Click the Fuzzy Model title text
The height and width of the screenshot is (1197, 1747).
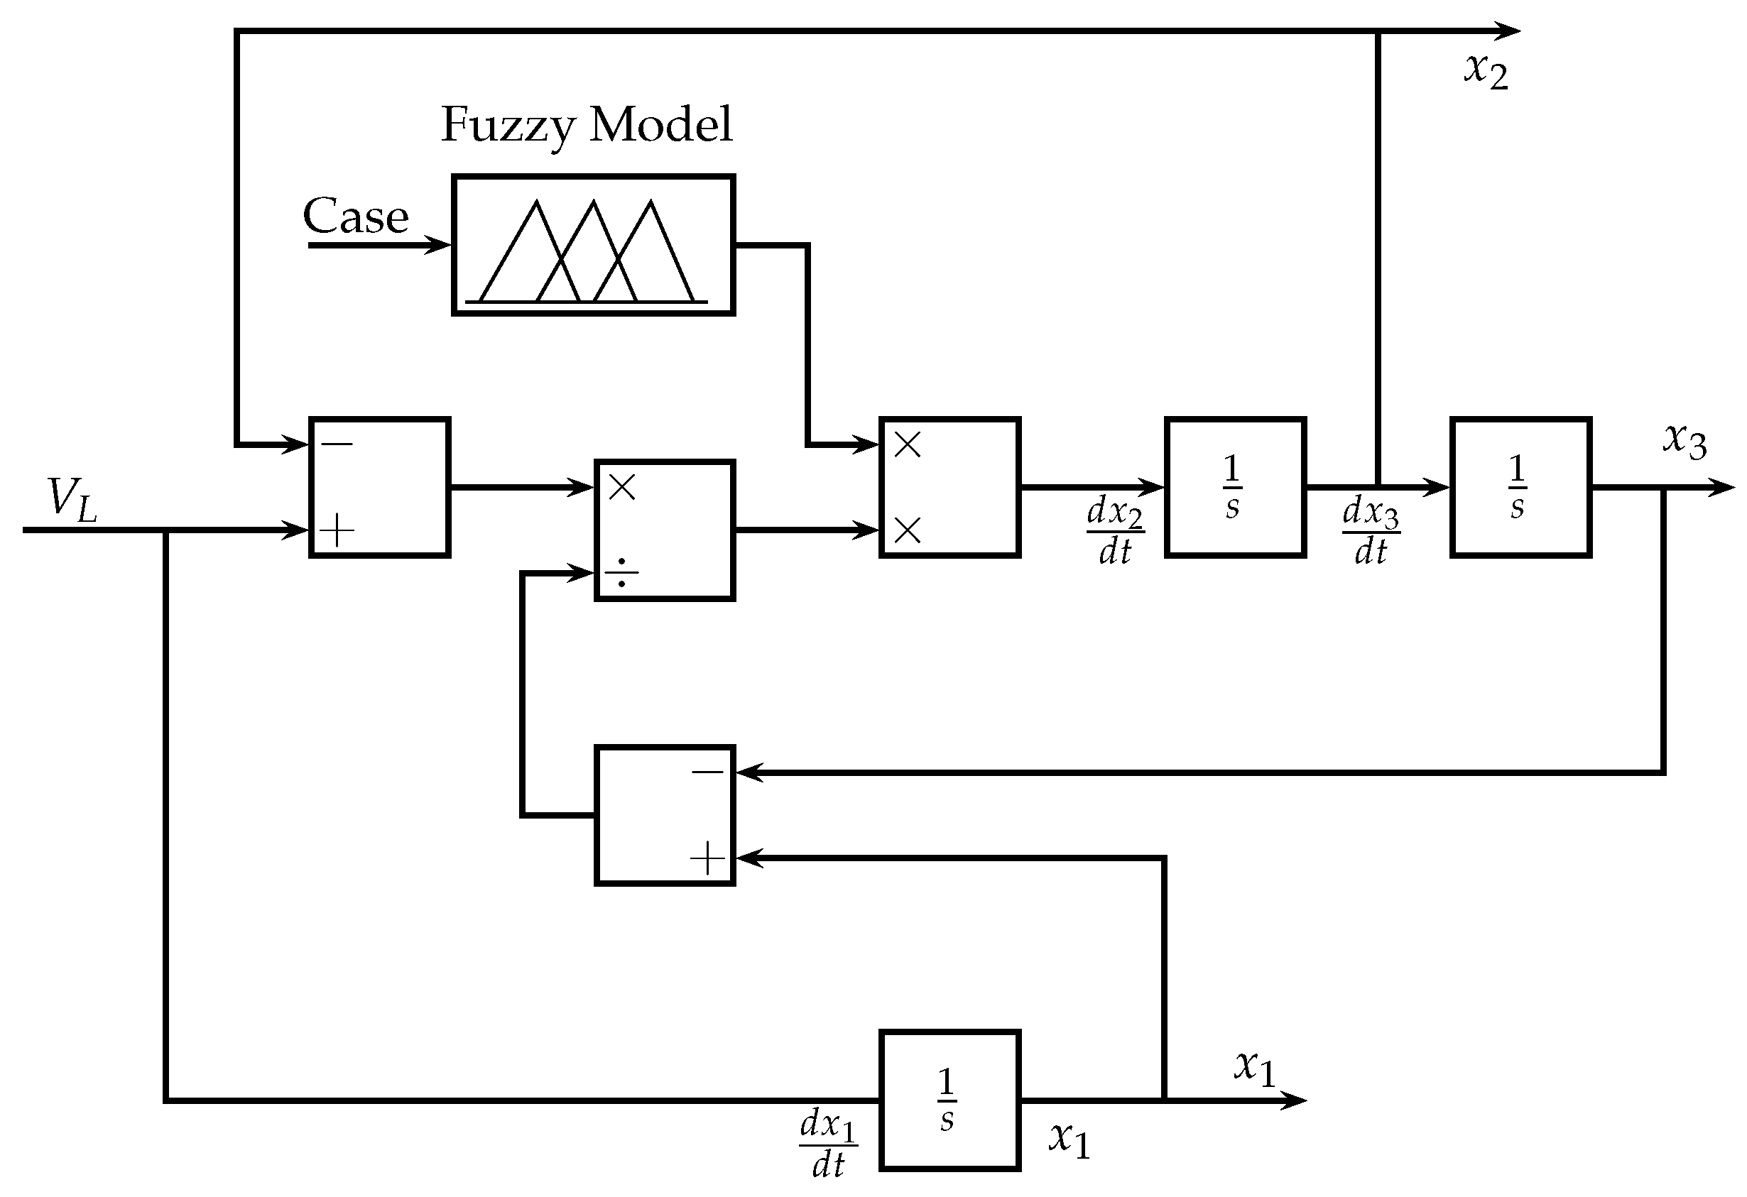pyautogui.click(x=586, y=125)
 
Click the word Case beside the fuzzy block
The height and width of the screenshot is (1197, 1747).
pyautogui.click(x=356, y=217)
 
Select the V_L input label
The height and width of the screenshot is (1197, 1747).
pyautogui.click(x=72, y=499)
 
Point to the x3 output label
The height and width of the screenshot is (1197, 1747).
pyautogui.click(x=1684, y=441)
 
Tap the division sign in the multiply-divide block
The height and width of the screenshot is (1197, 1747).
pyautogui.click(x=621, y=574)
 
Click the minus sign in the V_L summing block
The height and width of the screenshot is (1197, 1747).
pyautogui.click(x=337, y=444)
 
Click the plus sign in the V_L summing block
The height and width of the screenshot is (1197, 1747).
pyautogui.click(x=337, y=530)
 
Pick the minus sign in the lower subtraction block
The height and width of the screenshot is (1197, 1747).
pyautogui.click(x=707, y=772)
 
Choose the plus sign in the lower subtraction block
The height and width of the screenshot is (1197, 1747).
pyautogui.click(x=707, y=858)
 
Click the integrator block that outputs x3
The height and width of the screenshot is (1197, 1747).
pyautogui.click(x=1520, y=488)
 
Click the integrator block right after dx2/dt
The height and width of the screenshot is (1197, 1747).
pyautogui.click(x=1235, y=488)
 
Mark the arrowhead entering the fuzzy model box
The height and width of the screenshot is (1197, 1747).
pyautogui.click(x=438, y=245)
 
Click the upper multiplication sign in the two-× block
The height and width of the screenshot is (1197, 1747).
pyautogui.click(x=908, y=445)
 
